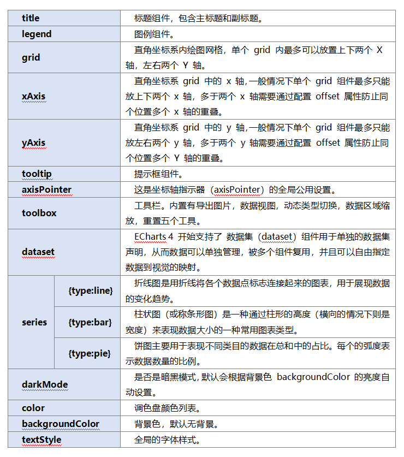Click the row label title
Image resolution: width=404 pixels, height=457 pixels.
click(x=31, y=18)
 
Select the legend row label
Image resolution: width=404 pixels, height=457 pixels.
click(x=37, y=34)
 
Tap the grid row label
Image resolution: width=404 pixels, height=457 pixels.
click(x=31, y=57)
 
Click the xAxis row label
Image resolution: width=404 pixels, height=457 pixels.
click(x=33, y=96)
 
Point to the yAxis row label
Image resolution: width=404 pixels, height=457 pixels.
click(x=33, y=143)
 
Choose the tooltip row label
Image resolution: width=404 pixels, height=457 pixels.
click(x=37, y=174)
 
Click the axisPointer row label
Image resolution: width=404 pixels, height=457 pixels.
click(x=46, y=189)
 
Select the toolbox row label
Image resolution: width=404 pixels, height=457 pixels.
click(x=39, y=212)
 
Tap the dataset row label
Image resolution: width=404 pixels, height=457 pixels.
click(x=38, y=252)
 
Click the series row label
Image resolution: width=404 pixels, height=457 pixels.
click(x=34, y=322)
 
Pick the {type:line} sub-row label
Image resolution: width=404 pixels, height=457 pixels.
click(x=91, y=290)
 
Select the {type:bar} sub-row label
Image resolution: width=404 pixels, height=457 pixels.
click(x=90, y=322)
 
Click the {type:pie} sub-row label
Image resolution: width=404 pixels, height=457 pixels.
click(x=90, y=353)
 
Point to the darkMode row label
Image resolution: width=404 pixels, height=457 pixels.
click(x=45, y=384)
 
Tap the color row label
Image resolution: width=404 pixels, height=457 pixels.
click(x=33, y=408)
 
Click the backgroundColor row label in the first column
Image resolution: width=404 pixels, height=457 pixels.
click(x=61, y=424)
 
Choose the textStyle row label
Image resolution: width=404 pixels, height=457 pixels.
click(x=41, y=440)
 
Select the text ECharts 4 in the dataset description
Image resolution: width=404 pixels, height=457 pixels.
click(x=153, y=237)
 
